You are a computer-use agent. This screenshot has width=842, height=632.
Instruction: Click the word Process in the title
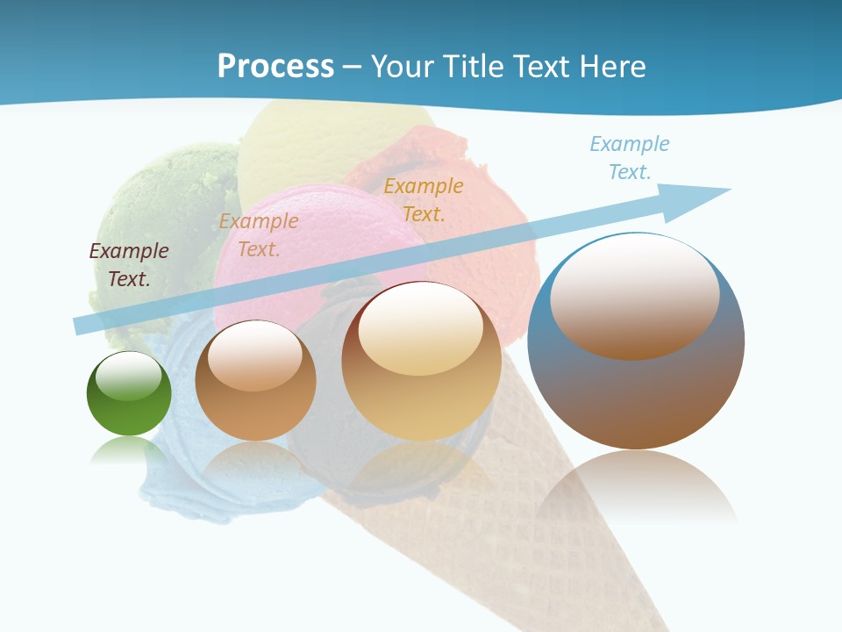point(275,66)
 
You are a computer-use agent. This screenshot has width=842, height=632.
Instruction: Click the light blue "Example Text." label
point(630,157)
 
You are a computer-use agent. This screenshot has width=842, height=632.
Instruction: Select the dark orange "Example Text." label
point(424,199)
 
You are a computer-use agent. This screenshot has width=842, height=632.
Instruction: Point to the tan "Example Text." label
point(259,234)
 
